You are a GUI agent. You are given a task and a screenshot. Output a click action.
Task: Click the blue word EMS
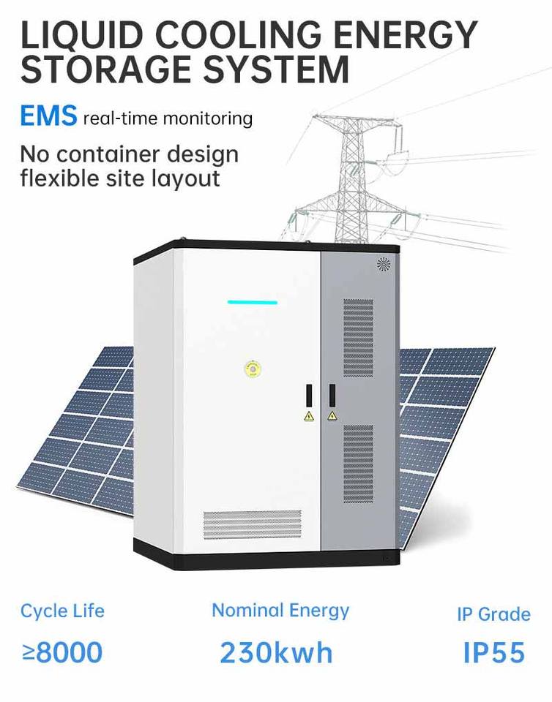[48, 116]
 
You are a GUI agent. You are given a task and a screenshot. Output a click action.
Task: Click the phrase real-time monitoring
[168, 118]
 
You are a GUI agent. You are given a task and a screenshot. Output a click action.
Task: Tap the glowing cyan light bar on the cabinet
[252, 302]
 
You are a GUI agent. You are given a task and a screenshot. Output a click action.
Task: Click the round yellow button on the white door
[252, 369]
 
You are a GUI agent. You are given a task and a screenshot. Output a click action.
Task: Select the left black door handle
[309, 395]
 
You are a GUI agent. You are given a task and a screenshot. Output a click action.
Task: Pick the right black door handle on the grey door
[332, 395]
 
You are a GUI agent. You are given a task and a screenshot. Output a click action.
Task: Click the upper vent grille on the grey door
[358, 337]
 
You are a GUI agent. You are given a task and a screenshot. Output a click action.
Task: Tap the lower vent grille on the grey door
[358, 464]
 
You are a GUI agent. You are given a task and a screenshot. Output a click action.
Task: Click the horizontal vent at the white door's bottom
[252, 524]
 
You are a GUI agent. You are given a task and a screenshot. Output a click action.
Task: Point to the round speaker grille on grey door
[384, 264]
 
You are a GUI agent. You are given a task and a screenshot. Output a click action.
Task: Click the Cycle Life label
[62, 611]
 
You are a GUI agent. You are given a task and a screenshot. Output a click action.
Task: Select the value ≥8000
[62, 652]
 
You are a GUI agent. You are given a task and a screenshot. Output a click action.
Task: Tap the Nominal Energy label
[280, 610]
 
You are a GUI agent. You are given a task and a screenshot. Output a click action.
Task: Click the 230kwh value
[276, 652]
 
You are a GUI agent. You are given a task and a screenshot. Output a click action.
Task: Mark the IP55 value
[493, 652]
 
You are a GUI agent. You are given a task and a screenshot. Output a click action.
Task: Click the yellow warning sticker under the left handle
[309, 416]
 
